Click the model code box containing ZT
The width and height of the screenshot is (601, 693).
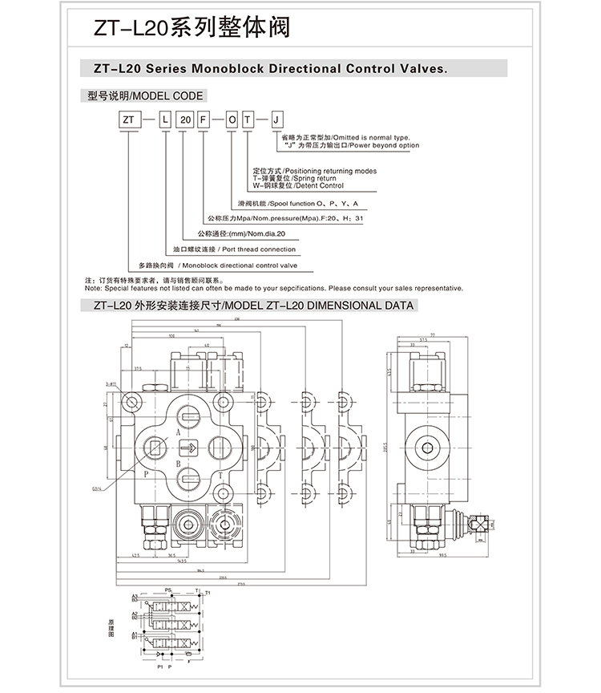coord(127,120)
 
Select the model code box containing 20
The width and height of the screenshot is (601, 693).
coord(185,120)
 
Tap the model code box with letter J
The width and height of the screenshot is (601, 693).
coord(277,120)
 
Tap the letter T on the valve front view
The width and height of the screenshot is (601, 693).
coord(220,476)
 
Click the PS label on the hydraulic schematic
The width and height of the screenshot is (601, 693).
coord(168,590)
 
